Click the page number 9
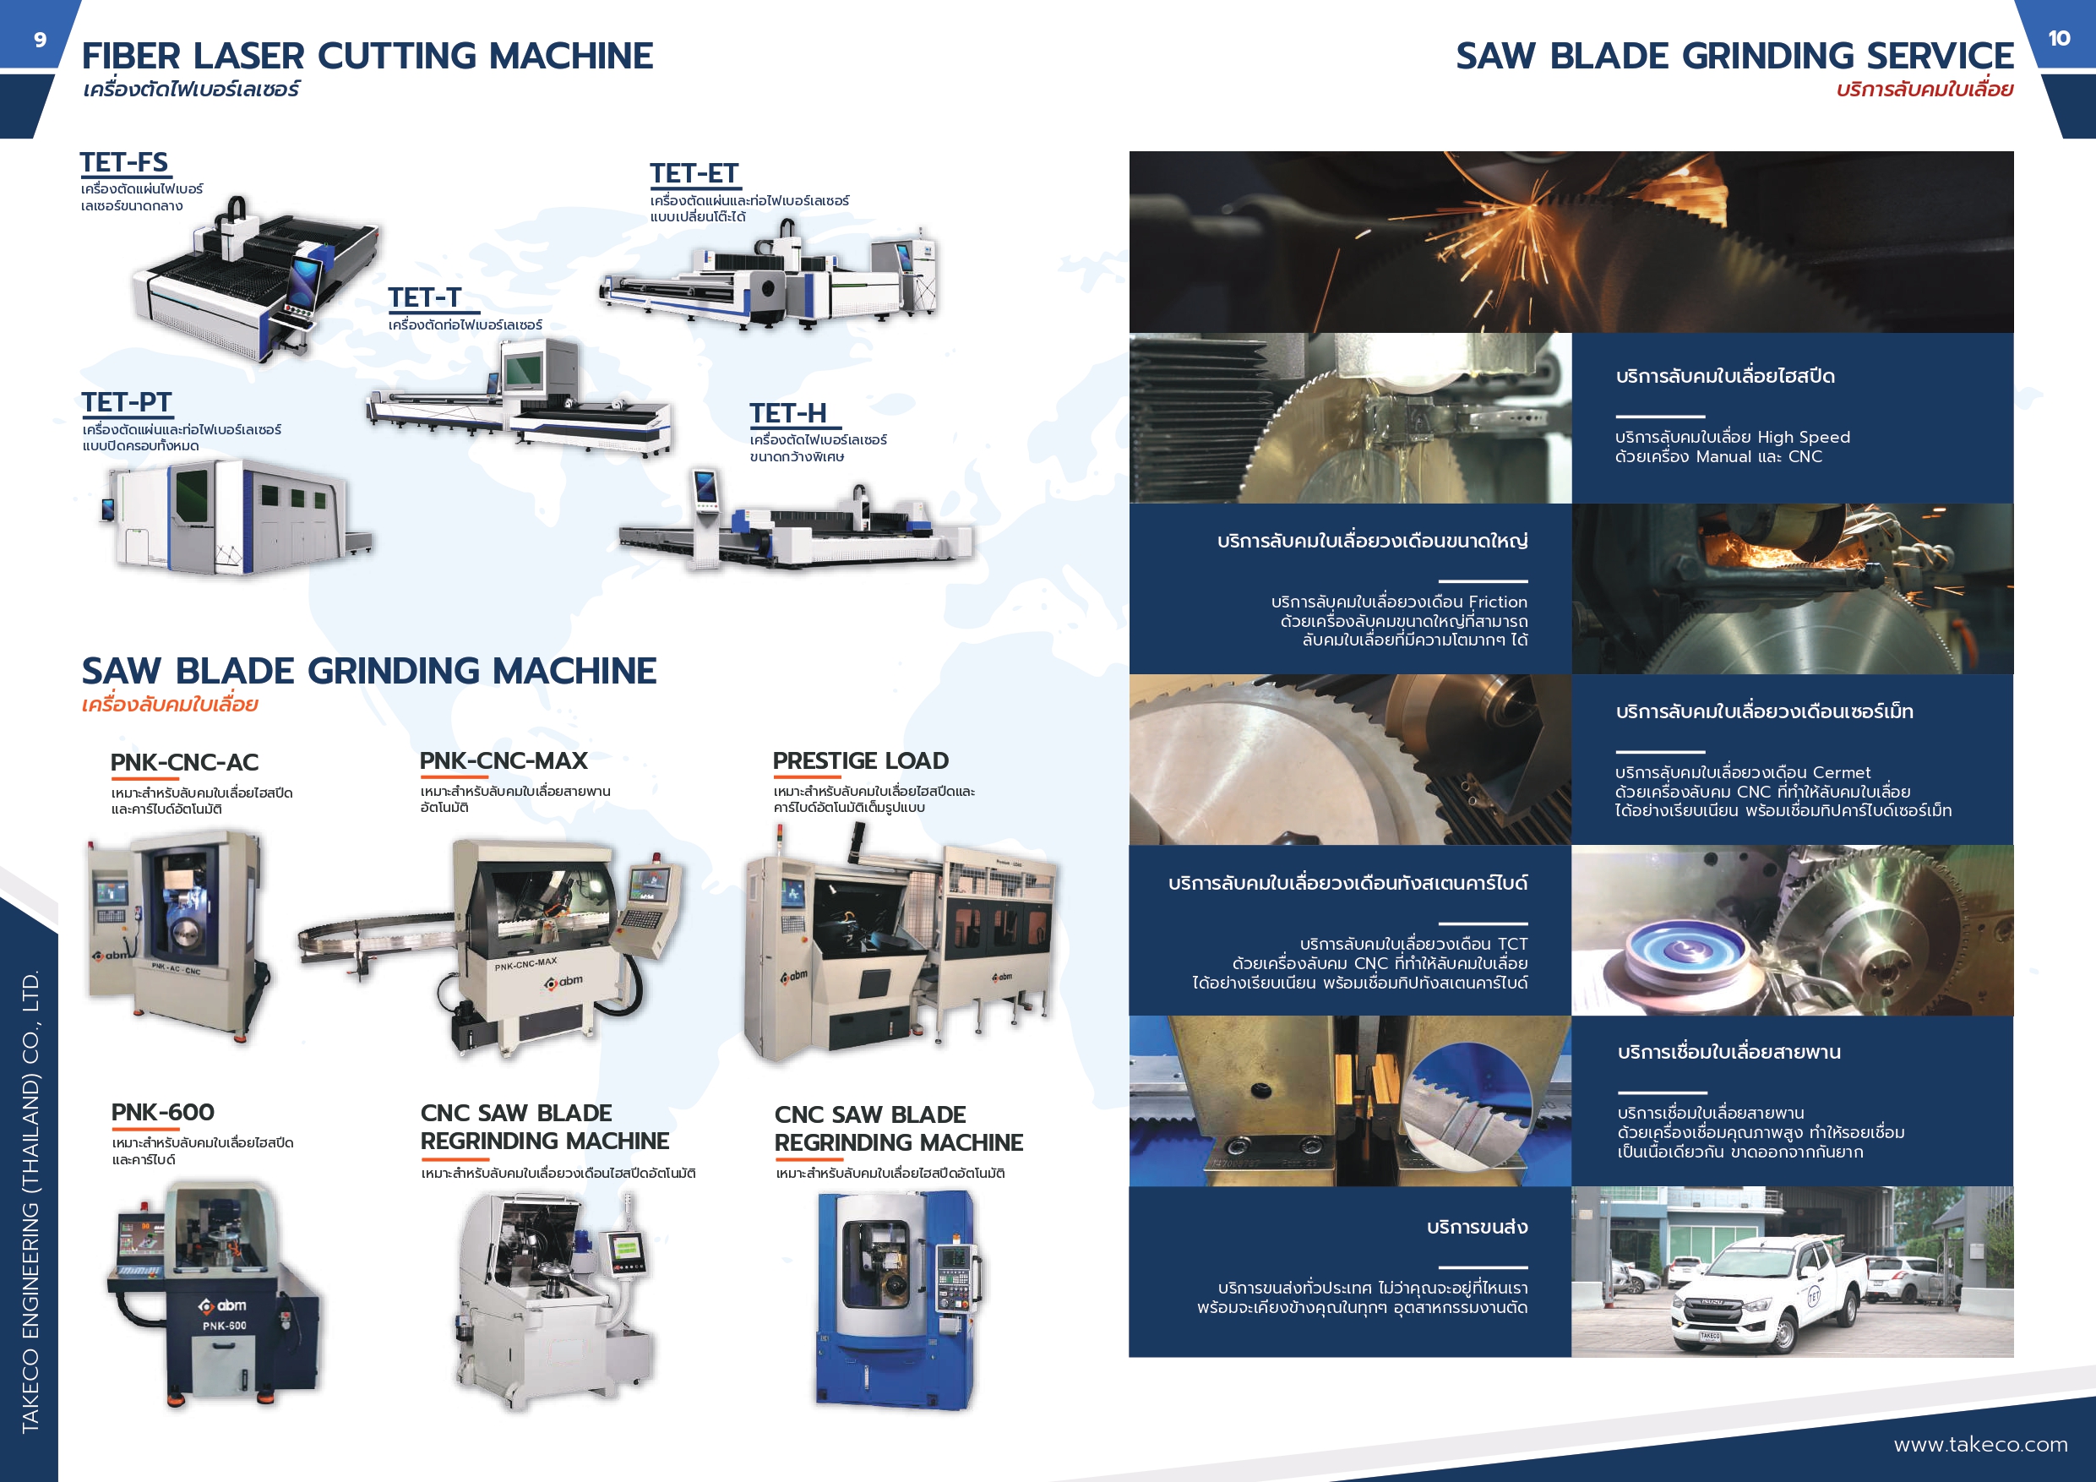pyautogui.click(x=41, y=39)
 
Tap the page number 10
pyautogui.click(x=2059, y=38)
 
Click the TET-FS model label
pyautogui.click(x=124, y=162)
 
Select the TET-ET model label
pyautogui.click(x=694, y=173)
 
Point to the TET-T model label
pyautogui.click(x=424, y=297)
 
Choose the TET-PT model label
pyautogui.click(x=126, y=403)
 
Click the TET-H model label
pyautogui.click(x=788, y=414)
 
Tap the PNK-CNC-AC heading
pyautogui.click(x=184, y=762)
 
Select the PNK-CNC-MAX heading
pyautogui.click(x=503, y=760)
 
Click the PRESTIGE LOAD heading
pyautogui.click(x=861, y=760)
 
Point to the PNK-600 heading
pyautogui.click(x=162, y=1112)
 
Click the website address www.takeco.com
pyautogui.click(x=1980, y=1445)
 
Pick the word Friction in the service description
pyautogui.click(x=1498, y=602)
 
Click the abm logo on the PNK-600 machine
pyautogui.click(x=223, y=1305)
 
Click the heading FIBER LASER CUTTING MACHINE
pyautogui.click(x=367, y=56)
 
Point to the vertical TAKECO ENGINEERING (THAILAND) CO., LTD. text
pyautogui.click(x=30, y=1200)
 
